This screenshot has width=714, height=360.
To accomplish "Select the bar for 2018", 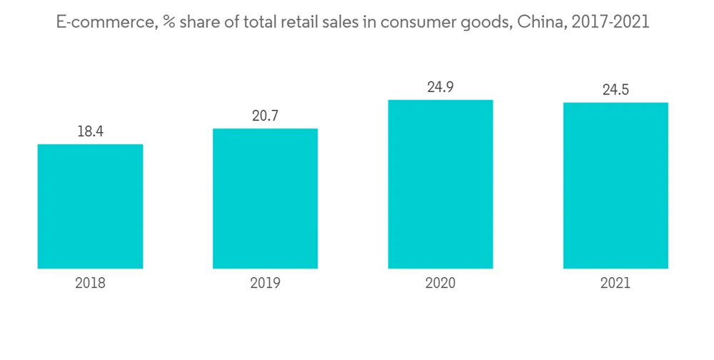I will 90,206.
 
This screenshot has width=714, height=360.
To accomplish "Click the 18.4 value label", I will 90,131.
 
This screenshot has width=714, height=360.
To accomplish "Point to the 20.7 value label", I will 265,116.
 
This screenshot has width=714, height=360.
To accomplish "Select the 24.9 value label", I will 441,87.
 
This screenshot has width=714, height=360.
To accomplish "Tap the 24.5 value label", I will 615,90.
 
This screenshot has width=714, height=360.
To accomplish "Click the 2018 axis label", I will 90,284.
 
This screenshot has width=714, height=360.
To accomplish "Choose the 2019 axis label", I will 265,284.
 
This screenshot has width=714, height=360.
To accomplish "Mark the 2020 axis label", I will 441,284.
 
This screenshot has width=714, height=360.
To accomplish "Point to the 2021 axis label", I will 615,284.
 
